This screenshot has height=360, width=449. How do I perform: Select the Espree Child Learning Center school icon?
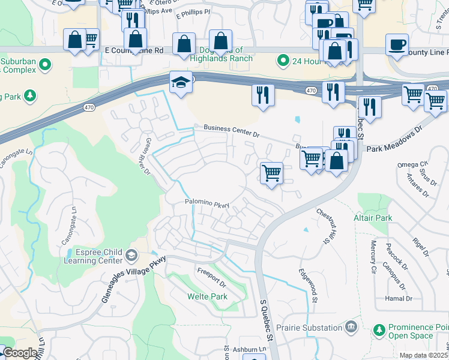tap(130, 256)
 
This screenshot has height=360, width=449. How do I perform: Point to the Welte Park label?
tap(207, 296)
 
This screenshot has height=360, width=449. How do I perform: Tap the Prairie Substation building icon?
tap(351, 327)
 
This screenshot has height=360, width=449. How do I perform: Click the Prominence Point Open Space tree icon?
tap(379, 330)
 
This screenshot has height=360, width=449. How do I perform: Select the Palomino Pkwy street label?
tap(207, 205)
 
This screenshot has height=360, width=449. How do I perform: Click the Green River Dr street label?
tap(146, 155)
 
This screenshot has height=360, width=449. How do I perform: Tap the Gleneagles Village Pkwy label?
tap(133, 278)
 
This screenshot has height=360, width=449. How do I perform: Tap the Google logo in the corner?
tap(20, 353)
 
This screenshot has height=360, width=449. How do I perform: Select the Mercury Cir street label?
tap(373, 256)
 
